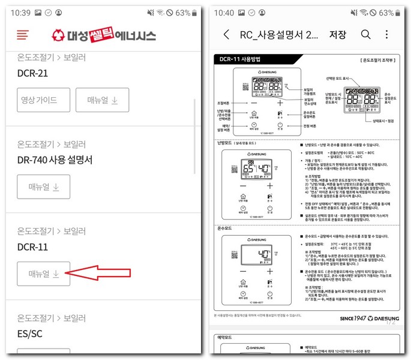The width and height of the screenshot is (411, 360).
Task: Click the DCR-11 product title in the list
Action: pyautogui.click(x=33, y=247)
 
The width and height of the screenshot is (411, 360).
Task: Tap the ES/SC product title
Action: pyautogui.click(x=30, y=333)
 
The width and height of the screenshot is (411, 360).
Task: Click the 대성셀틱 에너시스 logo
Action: pyautogui.click(x=104, y=35)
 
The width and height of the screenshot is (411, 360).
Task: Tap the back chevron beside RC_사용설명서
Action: pyautogui.click(x=226, y=34)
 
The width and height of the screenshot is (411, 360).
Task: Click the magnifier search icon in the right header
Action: pyautogui.click(x=365, y=34)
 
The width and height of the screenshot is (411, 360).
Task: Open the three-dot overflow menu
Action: pyautogui.click(x=387, y=34)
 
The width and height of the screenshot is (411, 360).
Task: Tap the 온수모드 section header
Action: pyautogui.click(x=226, y=229)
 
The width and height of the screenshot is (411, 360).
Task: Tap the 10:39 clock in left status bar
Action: pyautogui.click(x=20, y=13)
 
